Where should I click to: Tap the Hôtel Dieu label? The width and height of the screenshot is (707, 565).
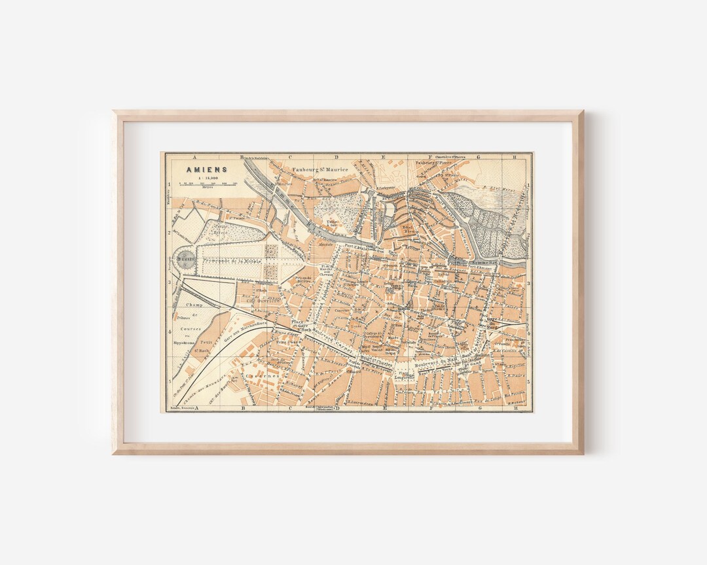tap(408, 230)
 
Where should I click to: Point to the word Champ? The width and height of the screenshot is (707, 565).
tap(195, 305)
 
